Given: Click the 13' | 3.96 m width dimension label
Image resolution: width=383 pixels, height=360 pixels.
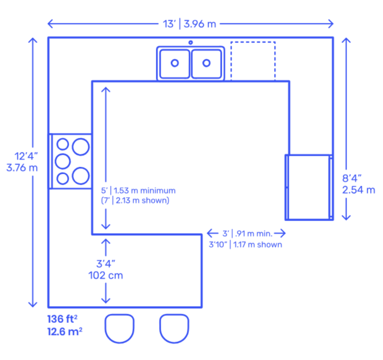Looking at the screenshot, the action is coord(190,24).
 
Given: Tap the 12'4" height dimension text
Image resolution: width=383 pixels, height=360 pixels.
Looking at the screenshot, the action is coord(26,156).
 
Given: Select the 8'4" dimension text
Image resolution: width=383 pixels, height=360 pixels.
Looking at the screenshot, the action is coord(352,179).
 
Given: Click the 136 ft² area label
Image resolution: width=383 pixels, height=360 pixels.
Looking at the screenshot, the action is coord(62,319).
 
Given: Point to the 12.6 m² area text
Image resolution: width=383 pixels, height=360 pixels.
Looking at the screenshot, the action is coord(65,332).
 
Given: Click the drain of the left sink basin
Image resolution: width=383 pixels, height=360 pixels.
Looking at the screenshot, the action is coord(175,63).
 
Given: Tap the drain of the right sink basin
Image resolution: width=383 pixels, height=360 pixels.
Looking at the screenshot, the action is coord(206,63).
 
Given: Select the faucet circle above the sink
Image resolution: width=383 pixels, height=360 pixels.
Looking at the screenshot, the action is coord(191,42).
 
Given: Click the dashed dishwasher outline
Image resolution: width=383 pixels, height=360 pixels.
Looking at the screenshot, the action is coord(231,61).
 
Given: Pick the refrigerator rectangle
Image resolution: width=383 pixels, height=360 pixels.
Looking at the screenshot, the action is coord(285,187).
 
